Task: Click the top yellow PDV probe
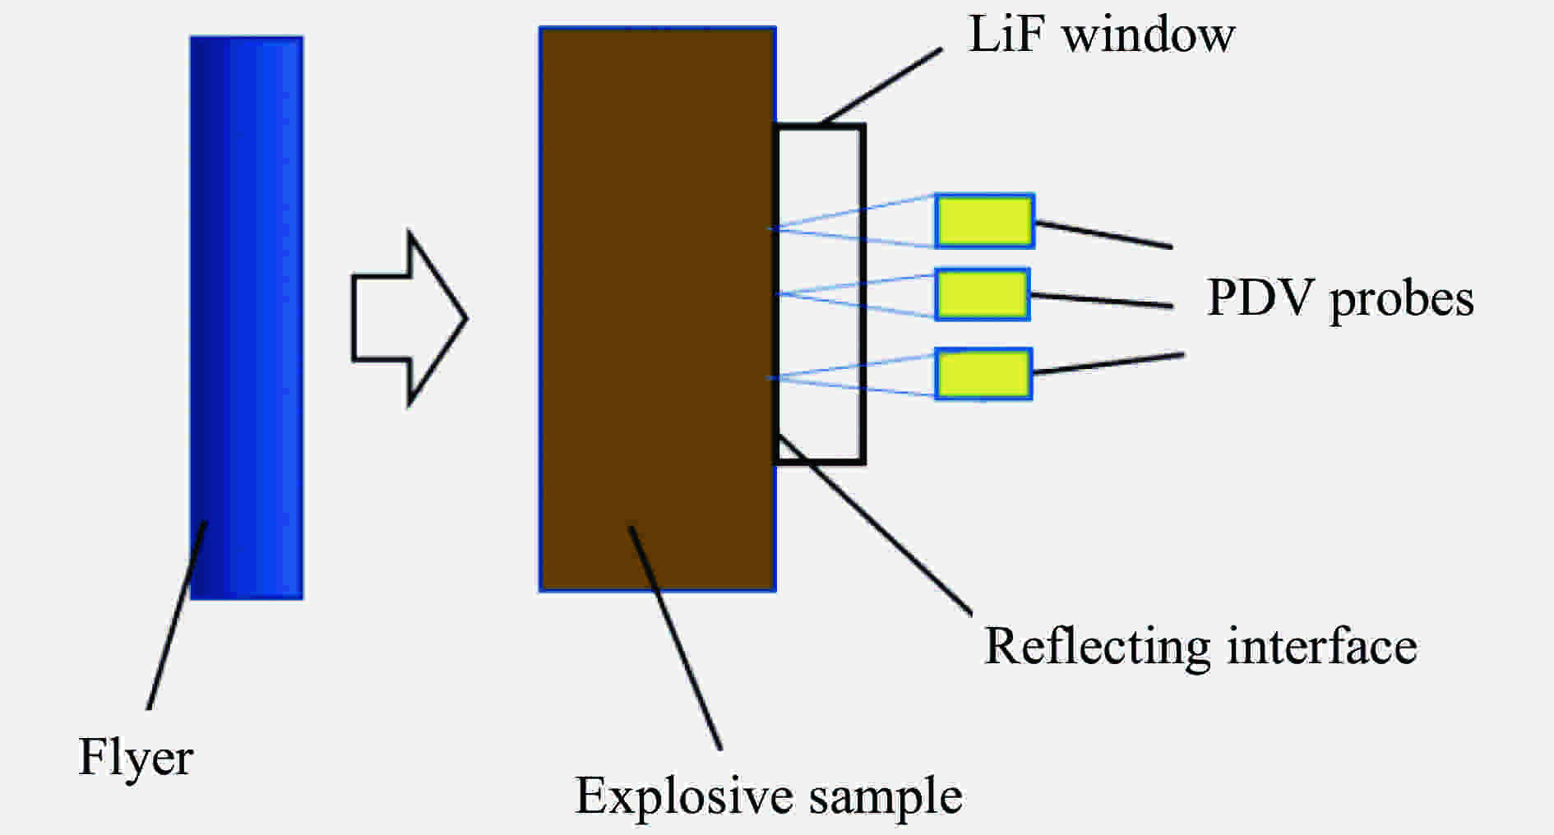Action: [984, 221]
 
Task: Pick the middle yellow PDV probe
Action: [983, 294]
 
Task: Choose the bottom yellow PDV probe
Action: [983, 374]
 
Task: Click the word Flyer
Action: [135, 757]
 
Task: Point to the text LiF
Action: [1007, 35]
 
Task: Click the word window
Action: [1149, 35]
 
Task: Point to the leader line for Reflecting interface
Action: [876, 526]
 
